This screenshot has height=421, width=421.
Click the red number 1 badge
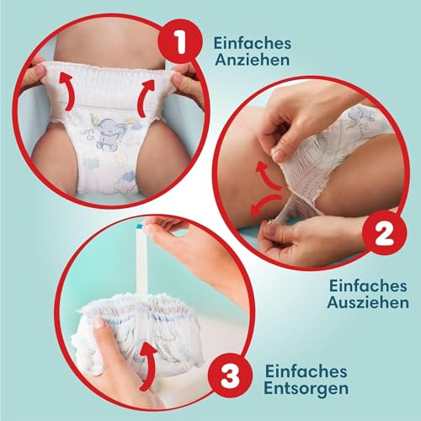pos(179,43)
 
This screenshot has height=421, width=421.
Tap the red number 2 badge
pos(384,232)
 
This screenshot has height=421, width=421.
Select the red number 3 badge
pos(229,376)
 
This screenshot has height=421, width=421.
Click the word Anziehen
pos(252,60)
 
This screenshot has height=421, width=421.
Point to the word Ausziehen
pos(368,302)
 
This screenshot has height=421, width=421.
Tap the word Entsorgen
pos(306,388)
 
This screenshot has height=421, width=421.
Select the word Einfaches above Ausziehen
pos(368,285)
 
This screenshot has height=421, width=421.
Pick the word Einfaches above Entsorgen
pos(306,371)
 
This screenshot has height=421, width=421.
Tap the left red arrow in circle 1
pos(68,91)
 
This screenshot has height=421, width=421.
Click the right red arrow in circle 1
pos(145,99)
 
